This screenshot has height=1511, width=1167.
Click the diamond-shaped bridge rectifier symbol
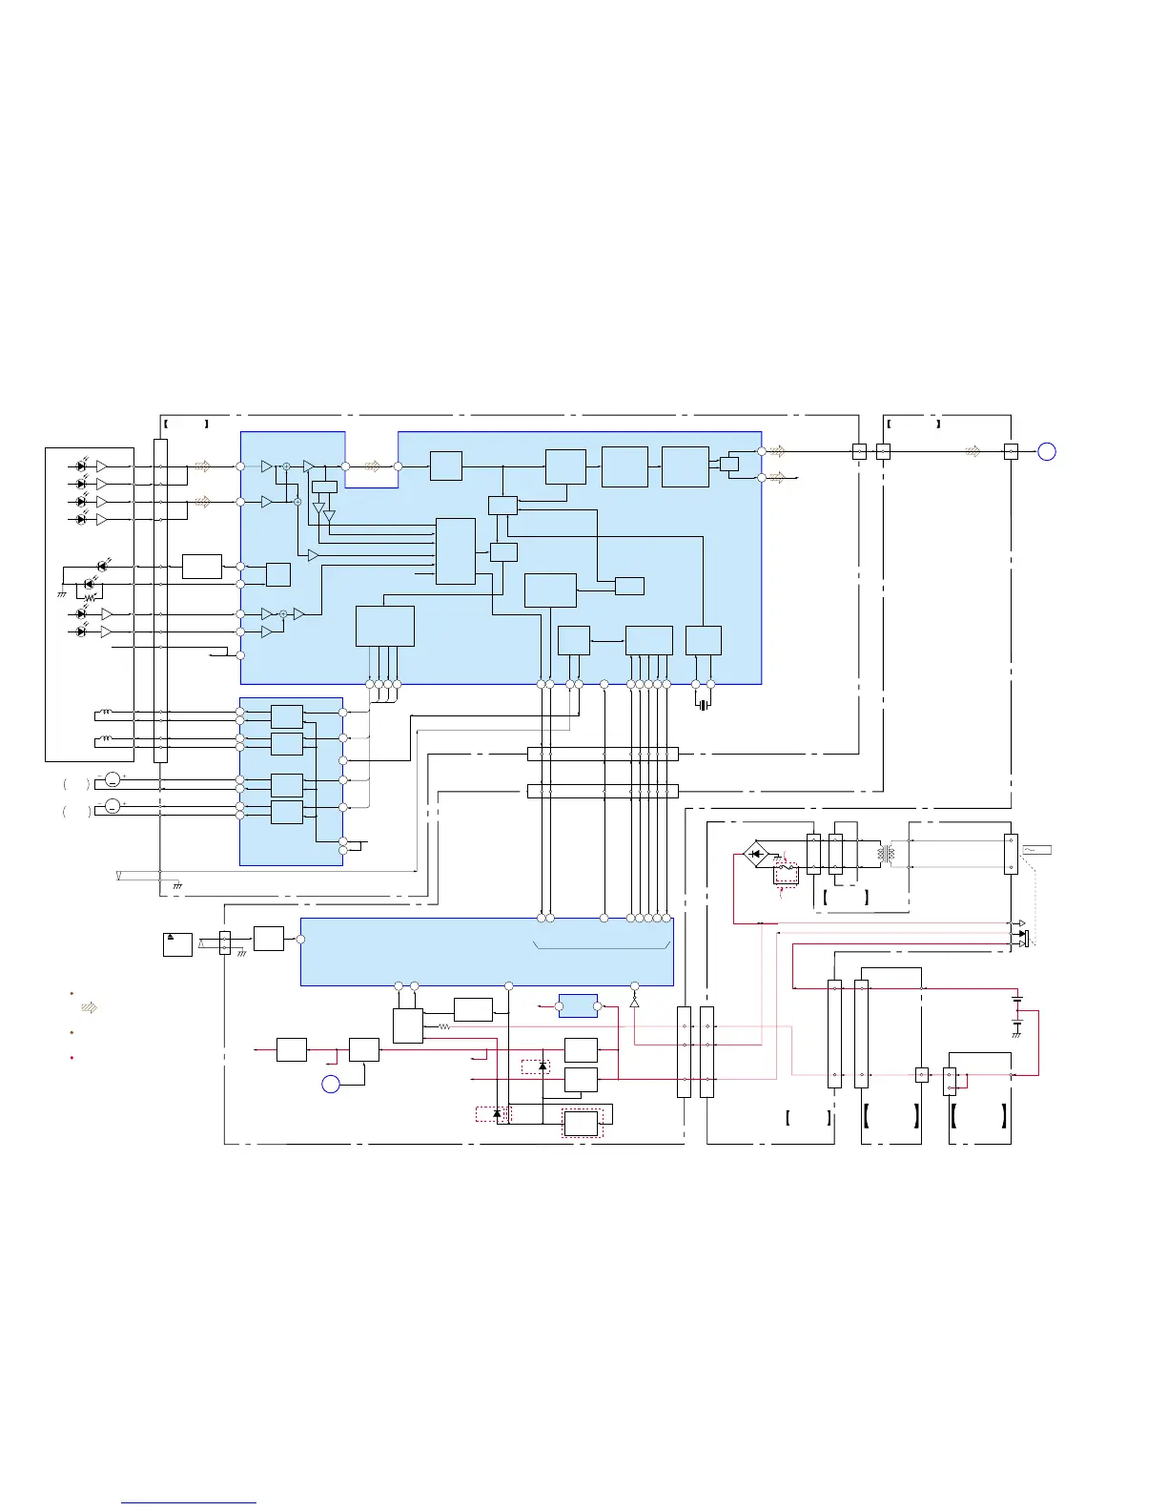coord(758,854)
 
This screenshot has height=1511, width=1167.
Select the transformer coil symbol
coord(887,854)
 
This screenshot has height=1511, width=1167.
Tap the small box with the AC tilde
coord(1036,849)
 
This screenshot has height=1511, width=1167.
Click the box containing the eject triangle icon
coord(177,944)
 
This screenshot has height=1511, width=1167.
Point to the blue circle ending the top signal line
coord(1046,452)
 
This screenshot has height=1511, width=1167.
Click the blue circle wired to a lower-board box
coord(330,1084)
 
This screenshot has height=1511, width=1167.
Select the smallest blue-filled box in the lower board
coord(578,1005)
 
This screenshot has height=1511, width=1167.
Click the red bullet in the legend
coord(72,1058)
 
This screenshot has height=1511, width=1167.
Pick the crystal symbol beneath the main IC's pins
coord(703,706)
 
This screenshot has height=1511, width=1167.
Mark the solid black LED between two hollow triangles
coord(1022,933)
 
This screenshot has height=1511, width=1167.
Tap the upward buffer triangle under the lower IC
coord(634,1003)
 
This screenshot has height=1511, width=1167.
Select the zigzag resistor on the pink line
coord(443,1026)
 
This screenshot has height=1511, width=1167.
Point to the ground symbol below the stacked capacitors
coord(1017,1035)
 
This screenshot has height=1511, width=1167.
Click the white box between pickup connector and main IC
coord(201,566)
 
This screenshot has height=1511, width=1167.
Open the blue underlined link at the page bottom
coord(189,1502)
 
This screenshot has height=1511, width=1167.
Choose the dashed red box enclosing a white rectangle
coord(582,1124)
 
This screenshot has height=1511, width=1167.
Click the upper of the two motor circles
coord(112,781)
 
